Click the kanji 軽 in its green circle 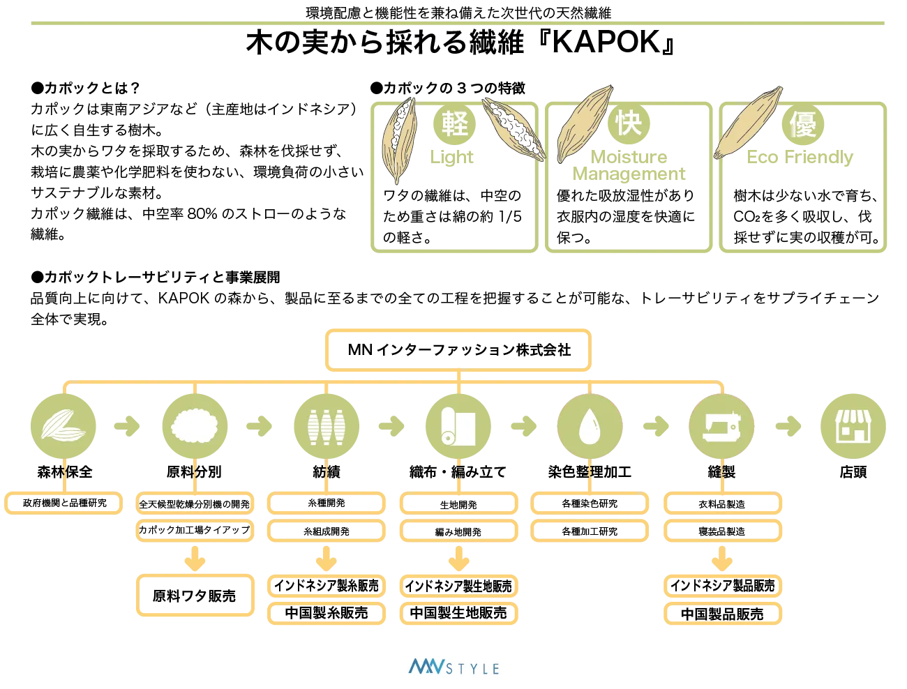point(454,123)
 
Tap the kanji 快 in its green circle point(629,123)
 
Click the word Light point(451,158)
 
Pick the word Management point(628,174)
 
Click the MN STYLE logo point(451,667)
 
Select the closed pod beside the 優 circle point(748,123)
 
